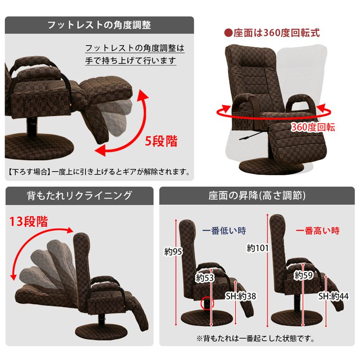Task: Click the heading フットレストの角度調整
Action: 99,25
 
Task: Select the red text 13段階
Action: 29,221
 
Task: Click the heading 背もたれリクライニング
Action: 79,195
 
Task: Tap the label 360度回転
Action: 313,127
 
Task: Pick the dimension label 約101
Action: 257,247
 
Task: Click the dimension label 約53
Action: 204,278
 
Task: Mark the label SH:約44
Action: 333,296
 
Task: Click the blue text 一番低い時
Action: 224,231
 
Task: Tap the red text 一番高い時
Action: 318,231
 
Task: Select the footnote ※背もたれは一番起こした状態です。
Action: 255,338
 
